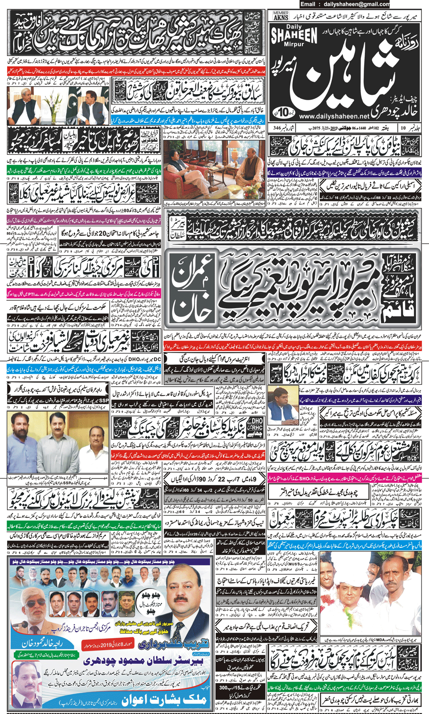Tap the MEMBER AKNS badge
(x=281, y=16)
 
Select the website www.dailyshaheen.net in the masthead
(x=334, y=116)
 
